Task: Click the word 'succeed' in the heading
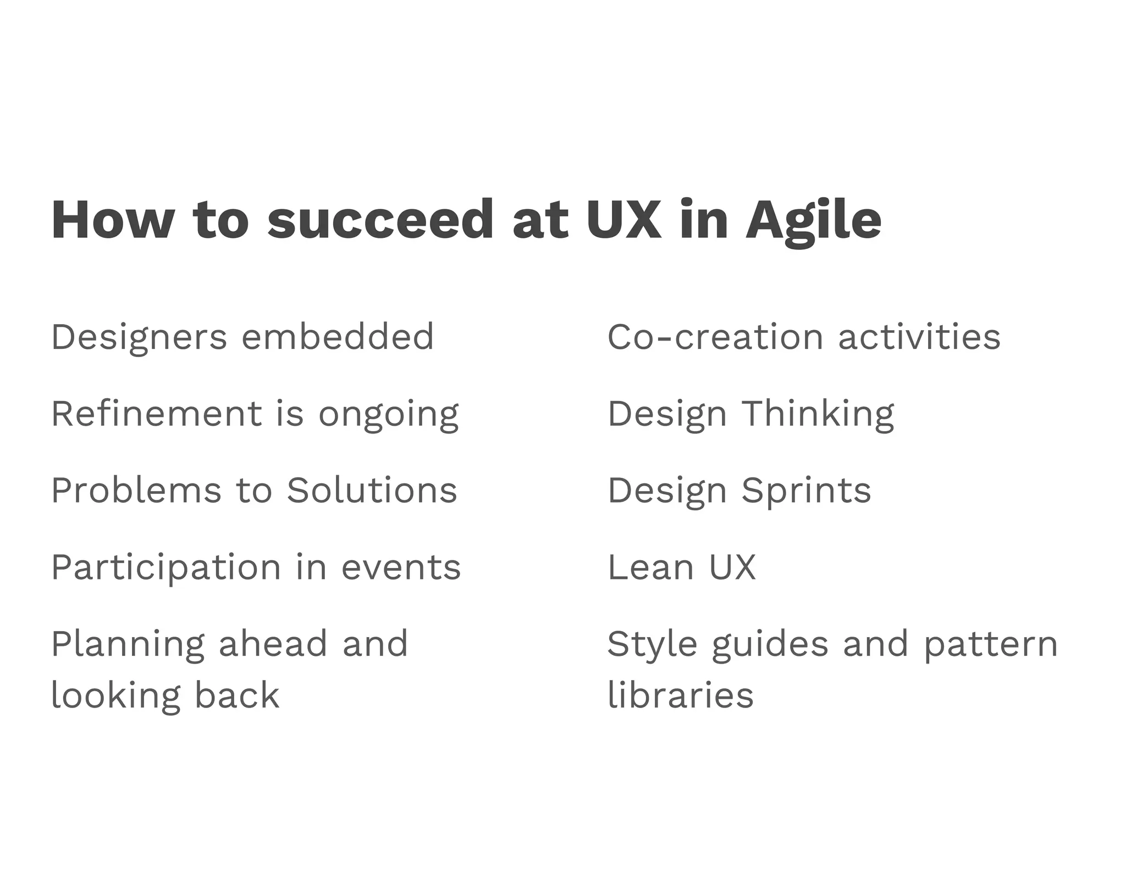(x=380, y=220)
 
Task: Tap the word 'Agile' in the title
(x=813, y=221)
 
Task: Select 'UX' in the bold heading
(x=624, y=220)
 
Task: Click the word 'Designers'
(x=139, y=337)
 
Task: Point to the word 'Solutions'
(x=372, y=490)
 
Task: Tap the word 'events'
(x=401, y=567)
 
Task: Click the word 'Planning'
(x=128, y=645)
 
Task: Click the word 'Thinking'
(x=818, y=414)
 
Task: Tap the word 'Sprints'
(x=806, y=491)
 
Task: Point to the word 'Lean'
(x=651, y=567)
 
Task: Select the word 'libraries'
(x=681, y=695)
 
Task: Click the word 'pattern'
(x=990, y=645)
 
